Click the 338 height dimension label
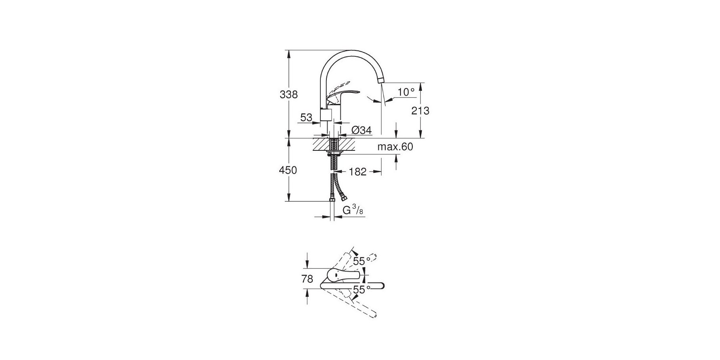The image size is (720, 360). coord(289,95)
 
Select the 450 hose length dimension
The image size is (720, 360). coord(288,170)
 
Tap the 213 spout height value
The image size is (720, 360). coord(420,111)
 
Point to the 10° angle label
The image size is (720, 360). coord(406,92)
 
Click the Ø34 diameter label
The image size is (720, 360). coord(362,130)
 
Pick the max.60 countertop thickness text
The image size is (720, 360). coord(395,147)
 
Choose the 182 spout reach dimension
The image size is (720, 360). coord(358,172)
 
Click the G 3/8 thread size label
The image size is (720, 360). coord(353,210)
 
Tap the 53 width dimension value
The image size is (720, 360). coord(306,118)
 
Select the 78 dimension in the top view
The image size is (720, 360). coord(307,279)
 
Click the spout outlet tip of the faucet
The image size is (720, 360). coord(380,82)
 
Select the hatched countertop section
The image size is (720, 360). coord(334,144)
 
